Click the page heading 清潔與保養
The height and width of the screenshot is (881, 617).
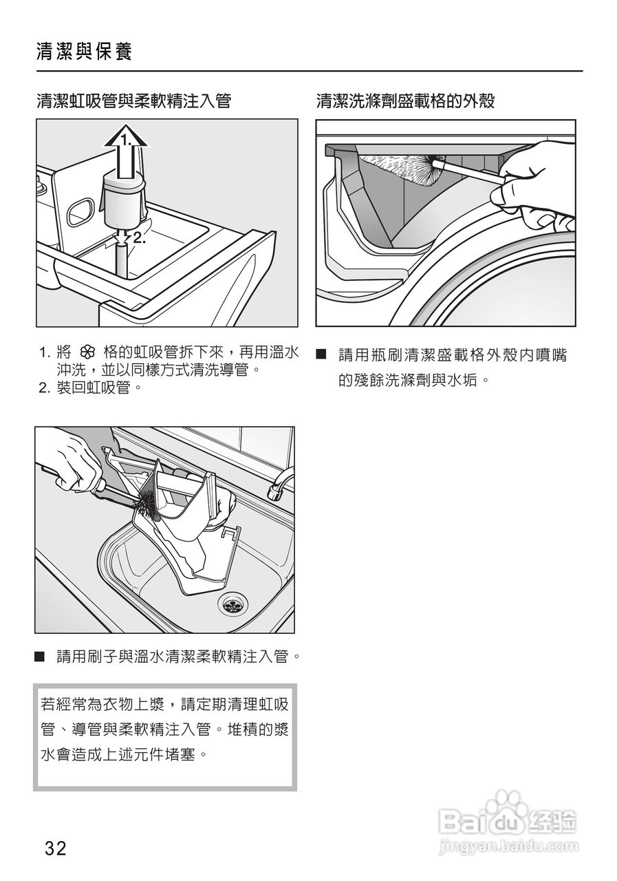(x=85, y=52)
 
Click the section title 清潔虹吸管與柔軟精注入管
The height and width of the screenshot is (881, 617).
(x=133, y=100)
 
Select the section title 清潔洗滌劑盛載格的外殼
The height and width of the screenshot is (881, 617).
(x=405, y=100)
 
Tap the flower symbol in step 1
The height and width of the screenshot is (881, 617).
(x=87, y=353)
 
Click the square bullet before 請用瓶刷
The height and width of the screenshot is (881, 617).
(x=322, y=354)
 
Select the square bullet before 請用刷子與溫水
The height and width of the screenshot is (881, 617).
(x=39, y=656)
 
